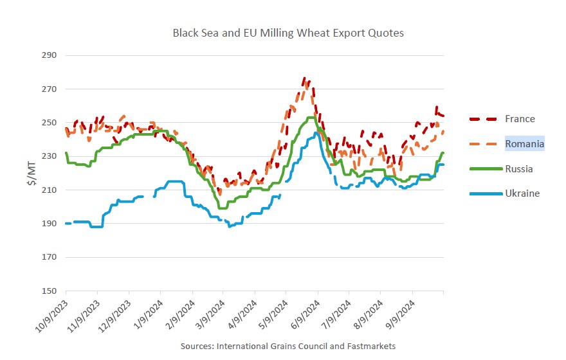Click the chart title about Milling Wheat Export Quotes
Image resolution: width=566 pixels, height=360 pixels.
pos(288,33)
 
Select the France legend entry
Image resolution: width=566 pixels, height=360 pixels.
pos(520,119)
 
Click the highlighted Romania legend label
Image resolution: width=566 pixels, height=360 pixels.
pos(524,144)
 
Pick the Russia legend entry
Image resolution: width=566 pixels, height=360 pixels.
pos(519,168)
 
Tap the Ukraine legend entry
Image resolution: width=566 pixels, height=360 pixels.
pos(522,193)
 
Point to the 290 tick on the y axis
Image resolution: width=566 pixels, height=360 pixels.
pos(50,55)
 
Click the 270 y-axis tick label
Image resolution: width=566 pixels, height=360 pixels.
pos(50,89)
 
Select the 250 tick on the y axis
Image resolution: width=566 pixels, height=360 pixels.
pos(50,123)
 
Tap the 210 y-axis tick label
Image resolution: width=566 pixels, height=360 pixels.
pos(50,190)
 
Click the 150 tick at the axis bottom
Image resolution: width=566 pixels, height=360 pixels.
pos(50,291)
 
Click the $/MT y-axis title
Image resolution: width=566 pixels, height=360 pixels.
pos(30,173)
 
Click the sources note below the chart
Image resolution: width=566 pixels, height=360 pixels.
pos(288,346)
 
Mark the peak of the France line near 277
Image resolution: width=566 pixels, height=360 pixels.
pos(304,79)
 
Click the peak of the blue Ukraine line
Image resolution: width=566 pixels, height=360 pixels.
pos(316,133)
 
